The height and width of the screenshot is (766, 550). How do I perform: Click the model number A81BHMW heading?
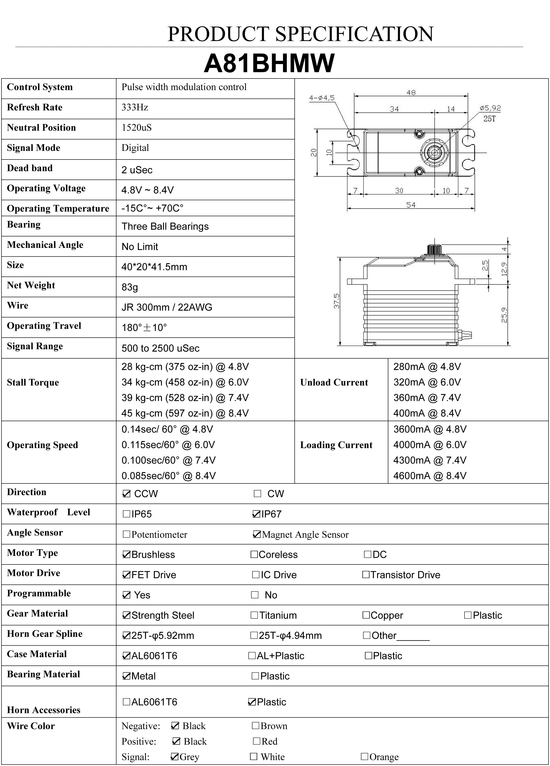coord(269,63)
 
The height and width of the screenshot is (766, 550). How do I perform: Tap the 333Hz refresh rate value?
coord(135,107)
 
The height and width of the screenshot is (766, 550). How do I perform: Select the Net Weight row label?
coord(31,285)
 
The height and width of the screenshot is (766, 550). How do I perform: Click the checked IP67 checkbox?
coord(256,514)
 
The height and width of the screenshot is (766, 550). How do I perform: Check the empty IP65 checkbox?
coord(126,514)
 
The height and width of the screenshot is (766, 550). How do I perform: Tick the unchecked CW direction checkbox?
coord(257,494)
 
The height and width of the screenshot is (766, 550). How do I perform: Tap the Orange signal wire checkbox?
coord(364,756)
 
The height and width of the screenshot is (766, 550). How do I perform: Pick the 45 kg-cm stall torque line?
coord(185,413)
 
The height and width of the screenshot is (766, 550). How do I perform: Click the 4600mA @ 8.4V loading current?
coord(430,476)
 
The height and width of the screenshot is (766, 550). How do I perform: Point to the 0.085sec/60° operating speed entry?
coord(168,476)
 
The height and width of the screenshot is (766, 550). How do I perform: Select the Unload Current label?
coord(334,382)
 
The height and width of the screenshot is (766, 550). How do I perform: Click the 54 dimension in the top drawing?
coord(411,205)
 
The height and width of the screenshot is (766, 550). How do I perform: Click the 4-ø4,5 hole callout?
coord(322,98)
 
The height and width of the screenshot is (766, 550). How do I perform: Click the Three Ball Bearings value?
coord(165,226)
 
